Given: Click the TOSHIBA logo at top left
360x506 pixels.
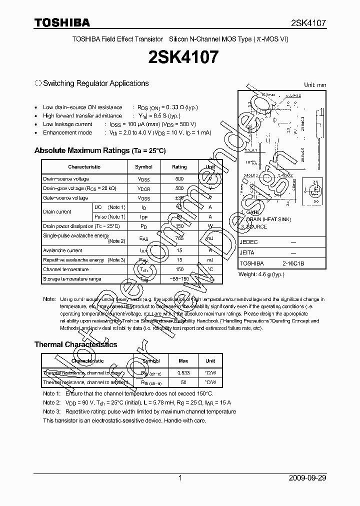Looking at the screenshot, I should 62,22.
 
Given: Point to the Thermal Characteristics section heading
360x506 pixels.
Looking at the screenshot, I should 75,344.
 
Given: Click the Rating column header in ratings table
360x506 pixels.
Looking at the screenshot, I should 179,167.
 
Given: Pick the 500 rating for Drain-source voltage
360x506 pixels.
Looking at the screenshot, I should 179,179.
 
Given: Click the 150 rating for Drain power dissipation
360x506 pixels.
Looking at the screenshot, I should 179,226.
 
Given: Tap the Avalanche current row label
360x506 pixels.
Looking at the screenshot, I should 62,250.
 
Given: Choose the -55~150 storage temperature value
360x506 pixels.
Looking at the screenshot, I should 179,279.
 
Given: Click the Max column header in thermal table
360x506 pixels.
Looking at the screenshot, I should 183,360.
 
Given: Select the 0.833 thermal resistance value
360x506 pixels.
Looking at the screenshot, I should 183,373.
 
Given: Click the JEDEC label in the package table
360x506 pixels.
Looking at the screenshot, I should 249,241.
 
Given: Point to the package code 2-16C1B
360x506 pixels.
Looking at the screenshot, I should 293,263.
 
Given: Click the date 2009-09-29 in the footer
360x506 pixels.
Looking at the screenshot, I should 307,478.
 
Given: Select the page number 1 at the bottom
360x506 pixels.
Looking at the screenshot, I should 180,478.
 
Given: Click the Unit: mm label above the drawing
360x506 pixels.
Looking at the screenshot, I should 314,85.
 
